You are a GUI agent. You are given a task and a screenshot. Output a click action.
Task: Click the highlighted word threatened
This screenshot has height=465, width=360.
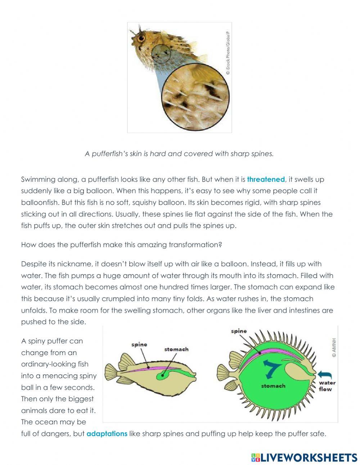(266, 179)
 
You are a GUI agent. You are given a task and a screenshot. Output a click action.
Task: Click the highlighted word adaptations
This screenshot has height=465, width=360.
(107, 434)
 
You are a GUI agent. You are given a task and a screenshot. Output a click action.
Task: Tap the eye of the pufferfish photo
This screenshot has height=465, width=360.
(141, 38)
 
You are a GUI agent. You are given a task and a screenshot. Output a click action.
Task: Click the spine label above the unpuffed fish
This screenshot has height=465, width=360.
(139, 345)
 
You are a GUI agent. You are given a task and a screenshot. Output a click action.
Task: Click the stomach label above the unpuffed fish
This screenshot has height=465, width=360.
(176, 349)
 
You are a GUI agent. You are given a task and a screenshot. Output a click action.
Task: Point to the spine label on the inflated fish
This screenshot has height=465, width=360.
(239, 331)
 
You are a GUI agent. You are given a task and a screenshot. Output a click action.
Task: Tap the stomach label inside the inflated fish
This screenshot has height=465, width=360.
(273, 386)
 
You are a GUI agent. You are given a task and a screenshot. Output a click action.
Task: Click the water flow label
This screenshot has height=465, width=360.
(327, 386)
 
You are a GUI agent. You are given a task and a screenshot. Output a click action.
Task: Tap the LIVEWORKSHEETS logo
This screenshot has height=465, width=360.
(304, 457)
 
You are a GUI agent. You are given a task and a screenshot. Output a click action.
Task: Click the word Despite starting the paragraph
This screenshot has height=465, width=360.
(33, 264)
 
